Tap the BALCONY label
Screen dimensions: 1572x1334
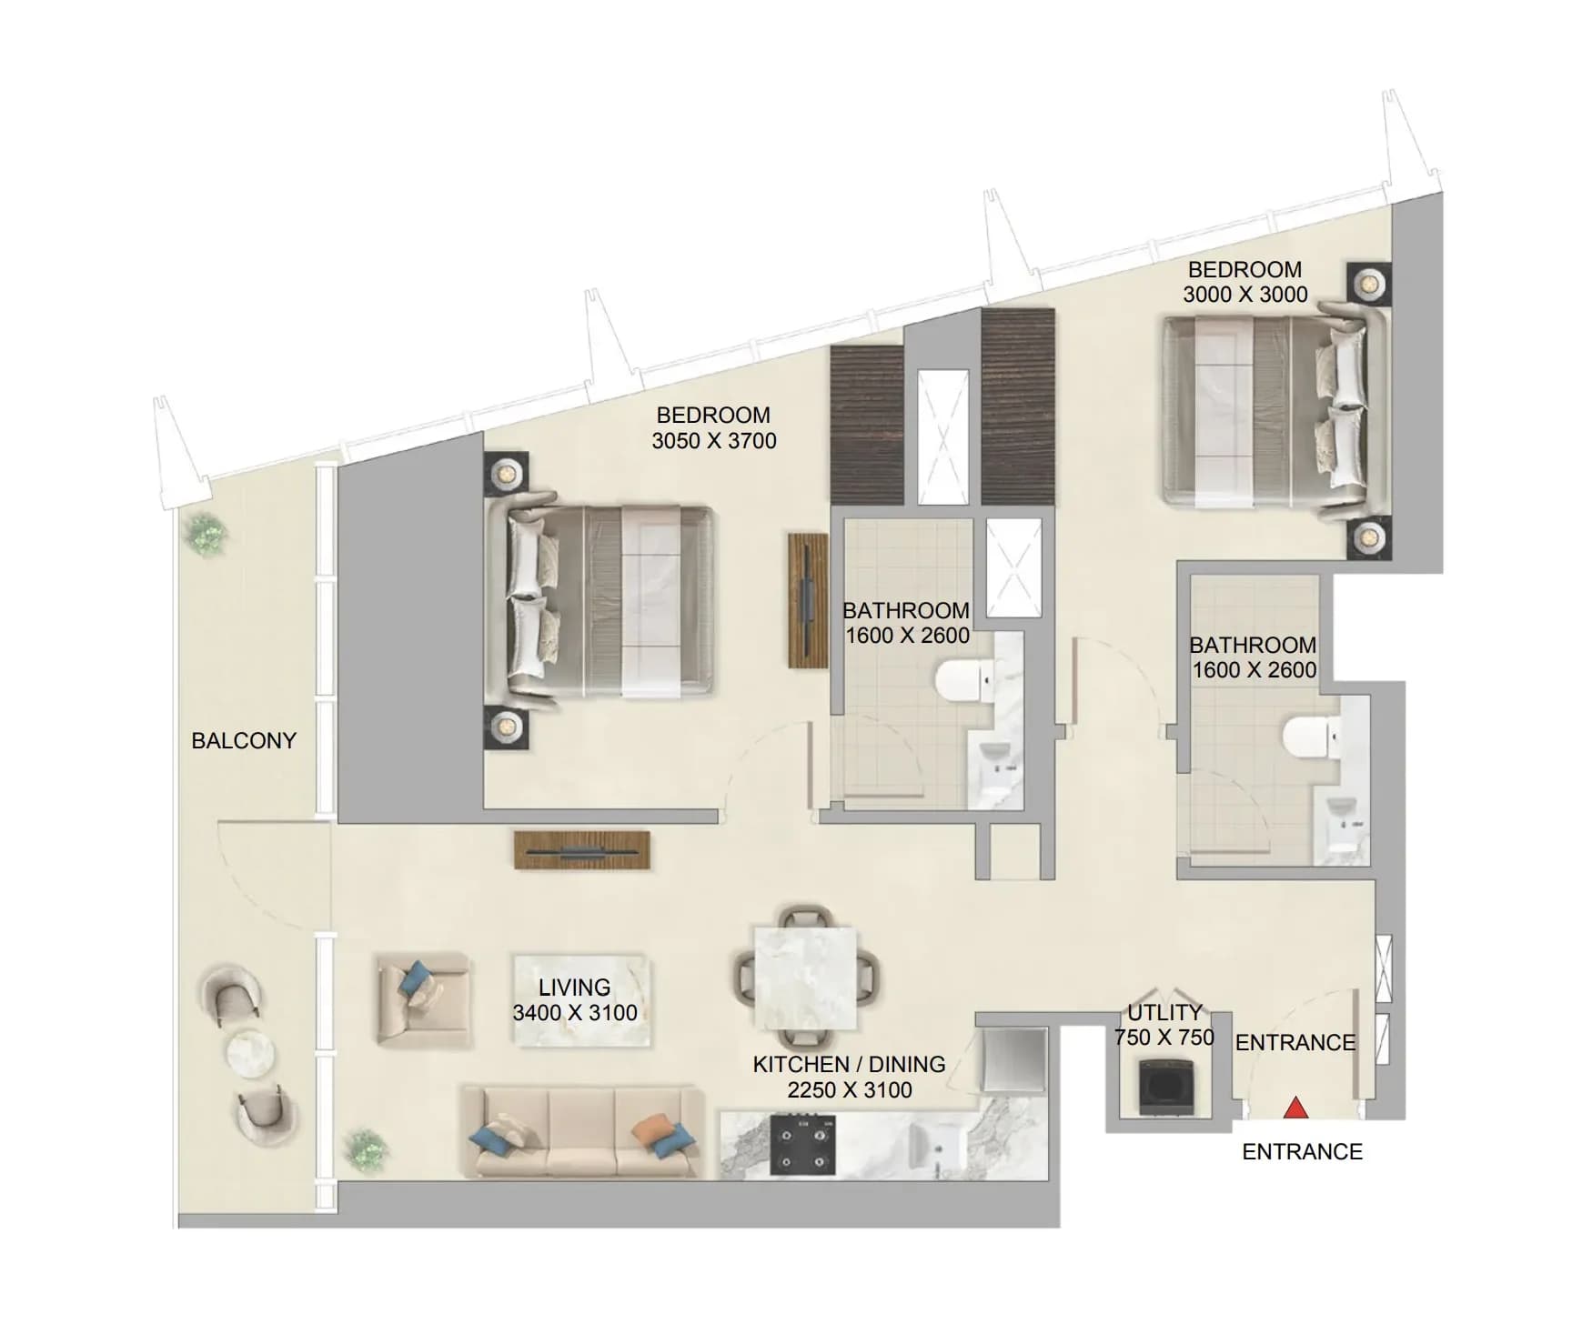coord(244,740)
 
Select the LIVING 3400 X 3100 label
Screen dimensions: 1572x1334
coord(575,999)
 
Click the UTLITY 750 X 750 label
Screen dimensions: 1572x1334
coord(1164,1025)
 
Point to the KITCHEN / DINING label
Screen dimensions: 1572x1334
coord(849,1064)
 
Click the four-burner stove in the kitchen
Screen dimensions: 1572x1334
coord(804,1145)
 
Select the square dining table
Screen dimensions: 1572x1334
coord(805,978)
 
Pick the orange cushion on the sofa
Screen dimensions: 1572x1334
coord(652,1130)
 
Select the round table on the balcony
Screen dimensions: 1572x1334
coord(250,1053)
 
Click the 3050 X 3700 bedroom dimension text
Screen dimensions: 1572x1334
coord(714,441)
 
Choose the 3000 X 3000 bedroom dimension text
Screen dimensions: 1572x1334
coord(1245,295)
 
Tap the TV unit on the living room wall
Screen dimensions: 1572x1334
coord(582,850)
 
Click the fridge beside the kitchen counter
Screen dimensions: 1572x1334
coord(1015,1060)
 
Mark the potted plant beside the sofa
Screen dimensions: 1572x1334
coord(365,1149)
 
